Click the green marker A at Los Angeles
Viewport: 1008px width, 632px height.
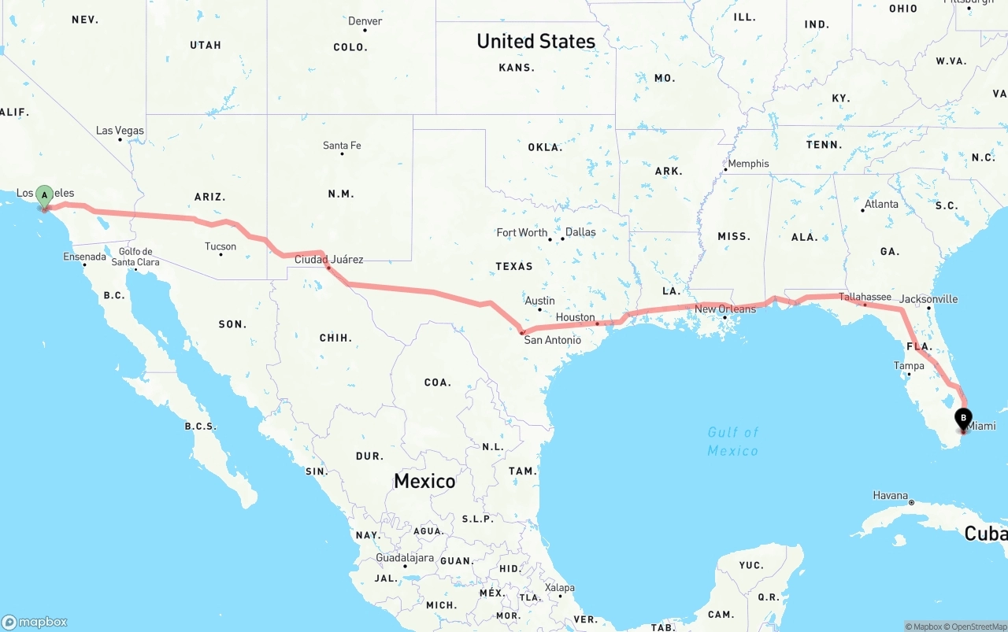coord(45,195)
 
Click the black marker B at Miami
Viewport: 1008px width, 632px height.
coord(962,419)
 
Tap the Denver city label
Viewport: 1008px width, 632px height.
coord(365,21)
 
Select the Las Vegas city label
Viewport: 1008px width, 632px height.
coord(120,131)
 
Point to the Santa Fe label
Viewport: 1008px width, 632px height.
coord(342,146)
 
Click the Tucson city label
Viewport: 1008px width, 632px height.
coord(220,246)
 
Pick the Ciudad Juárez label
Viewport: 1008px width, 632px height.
coord(329,259)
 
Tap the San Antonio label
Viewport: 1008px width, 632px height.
coord(553,340)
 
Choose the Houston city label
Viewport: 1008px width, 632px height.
coord(576,317)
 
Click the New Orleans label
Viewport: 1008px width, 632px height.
coord(725,309)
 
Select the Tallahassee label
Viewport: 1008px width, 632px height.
coord(865,297)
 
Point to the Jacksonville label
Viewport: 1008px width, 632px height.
coord(928,299)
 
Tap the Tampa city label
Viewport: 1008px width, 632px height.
coord(909,366)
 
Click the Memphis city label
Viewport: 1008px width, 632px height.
coord(748,164)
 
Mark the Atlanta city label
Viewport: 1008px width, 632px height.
coord(881,204)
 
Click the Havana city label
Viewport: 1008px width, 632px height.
coord(891,495)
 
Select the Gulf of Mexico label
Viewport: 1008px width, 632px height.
coord(732,442)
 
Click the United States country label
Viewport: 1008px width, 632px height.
coord(535,41)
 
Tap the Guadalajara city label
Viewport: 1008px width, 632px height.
coord(405,557)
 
